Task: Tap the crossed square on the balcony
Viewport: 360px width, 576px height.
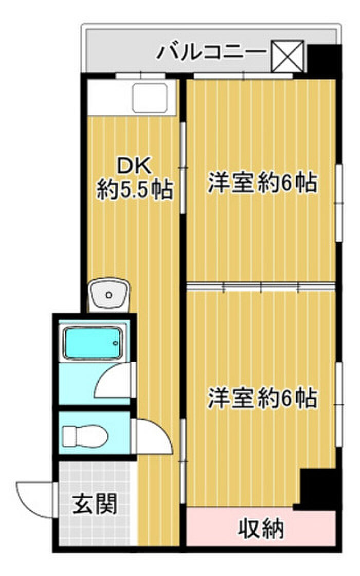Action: (287, 56)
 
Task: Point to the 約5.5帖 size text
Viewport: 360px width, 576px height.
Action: (135, 190)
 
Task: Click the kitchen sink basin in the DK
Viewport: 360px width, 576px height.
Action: (150, 98)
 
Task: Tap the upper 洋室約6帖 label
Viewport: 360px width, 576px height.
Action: (262, 182)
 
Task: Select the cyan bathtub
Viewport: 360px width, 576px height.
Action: (93, 343)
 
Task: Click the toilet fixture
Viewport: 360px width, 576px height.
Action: (85, 437)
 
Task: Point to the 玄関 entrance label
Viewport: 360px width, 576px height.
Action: (95, 504)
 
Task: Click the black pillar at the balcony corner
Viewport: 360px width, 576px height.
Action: (323, 61)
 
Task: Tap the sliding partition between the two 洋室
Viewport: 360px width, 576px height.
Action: (261, 286)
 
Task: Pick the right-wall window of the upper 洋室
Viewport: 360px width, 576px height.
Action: (339, 203)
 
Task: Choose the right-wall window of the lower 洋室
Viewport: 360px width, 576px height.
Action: (339, 404)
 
